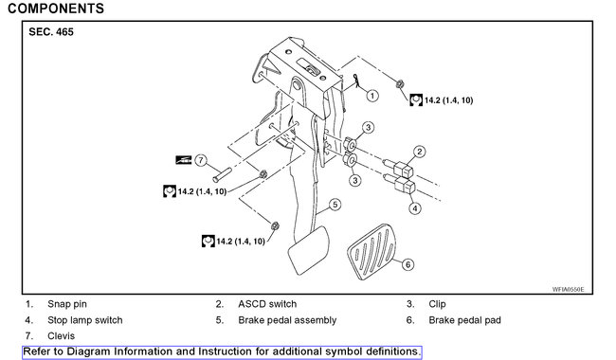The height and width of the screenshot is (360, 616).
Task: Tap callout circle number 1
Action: [x=372, y=96]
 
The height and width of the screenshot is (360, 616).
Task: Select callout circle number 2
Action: [x=419, y=152]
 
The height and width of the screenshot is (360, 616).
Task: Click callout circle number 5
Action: [x=335, y=204]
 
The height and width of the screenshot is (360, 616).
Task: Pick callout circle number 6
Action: [x=408, y=265]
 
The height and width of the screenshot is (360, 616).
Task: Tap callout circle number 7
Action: [x=201, y=160]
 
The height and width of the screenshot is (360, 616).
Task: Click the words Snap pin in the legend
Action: [x=67, y=304]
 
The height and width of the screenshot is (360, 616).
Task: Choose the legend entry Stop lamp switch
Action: [x=85, y=320]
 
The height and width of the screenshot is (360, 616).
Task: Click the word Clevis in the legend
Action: [x=63, y=335]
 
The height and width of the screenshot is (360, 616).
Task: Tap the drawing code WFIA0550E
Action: [x=569, y=289]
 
